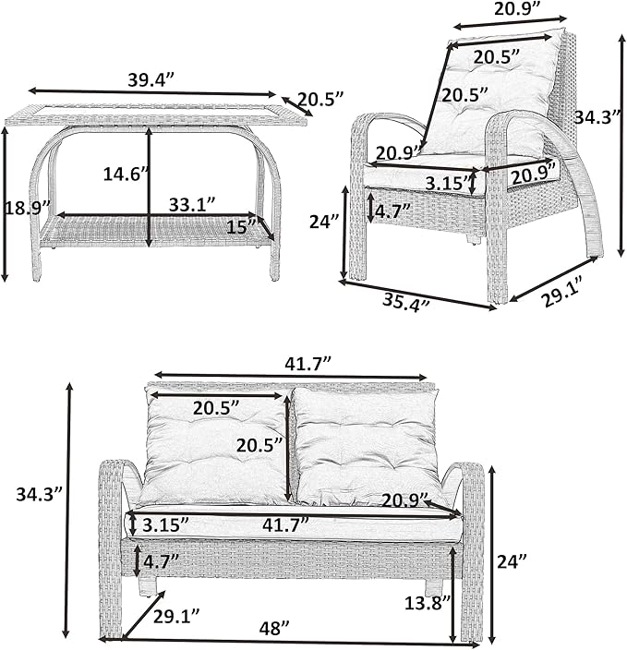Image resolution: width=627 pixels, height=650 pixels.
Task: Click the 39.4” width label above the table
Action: pyautogui.click(x=151, y=79)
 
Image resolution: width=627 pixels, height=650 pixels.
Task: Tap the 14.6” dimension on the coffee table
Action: pyautogui.click(x=125, y=175)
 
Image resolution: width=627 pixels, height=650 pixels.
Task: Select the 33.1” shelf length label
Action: pyautogui.click(x=192, y=204)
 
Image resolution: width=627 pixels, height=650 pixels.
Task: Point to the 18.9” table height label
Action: pyautogui.click(x=28, y=207)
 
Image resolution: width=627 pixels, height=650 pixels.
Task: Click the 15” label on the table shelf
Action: pyautogui.click(x=241, y=227)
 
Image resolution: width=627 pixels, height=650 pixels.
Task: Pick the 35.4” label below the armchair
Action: pyautogui.click(x=405, y=302)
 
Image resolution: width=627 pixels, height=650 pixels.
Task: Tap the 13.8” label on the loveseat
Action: pyautogui.click(x=428, y=603)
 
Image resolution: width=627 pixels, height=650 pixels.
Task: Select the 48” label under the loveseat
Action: pyautogui.click(x=274, y=628)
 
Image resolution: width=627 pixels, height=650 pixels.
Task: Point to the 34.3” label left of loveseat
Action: pyautogui.click(x=39, y=494)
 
